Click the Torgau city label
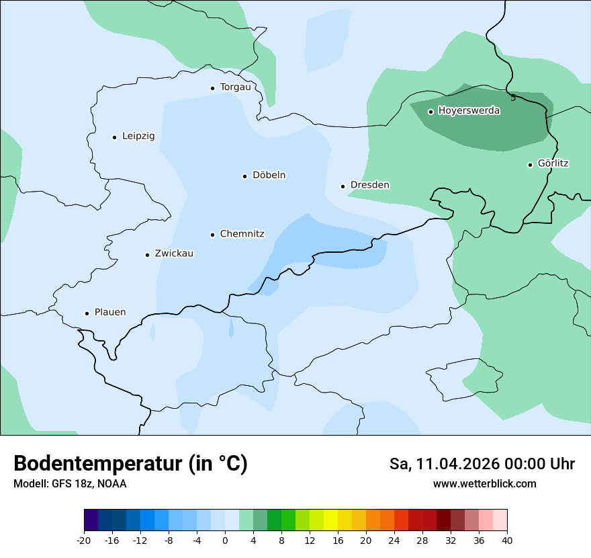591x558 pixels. point(235,87)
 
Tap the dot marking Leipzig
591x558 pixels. point(114,137)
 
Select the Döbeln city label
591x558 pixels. point(269,175)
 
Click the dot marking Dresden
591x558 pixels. point(343,186)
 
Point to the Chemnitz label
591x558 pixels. point(242,235)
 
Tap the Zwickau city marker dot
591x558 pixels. point(147,255)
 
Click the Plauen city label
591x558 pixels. point(109,313)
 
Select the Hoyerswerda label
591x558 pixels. point(469,111)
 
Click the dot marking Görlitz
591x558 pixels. point(530,165)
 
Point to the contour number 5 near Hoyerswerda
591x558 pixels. point(513,98)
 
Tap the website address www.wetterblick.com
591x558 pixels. point(484,484)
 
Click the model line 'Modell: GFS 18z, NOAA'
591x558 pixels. point(70,484)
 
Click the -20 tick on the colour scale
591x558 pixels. point(84,541)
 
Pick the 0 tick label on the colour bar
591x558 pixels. point(225,541)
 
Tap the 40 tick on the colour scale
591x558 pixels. point(507,541)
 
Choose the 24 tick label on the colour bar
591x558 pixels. point(394,541)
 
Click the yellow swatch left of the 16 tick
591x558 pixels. point(330,520)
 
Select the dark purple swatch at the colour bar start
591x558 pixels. point(91,520)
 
